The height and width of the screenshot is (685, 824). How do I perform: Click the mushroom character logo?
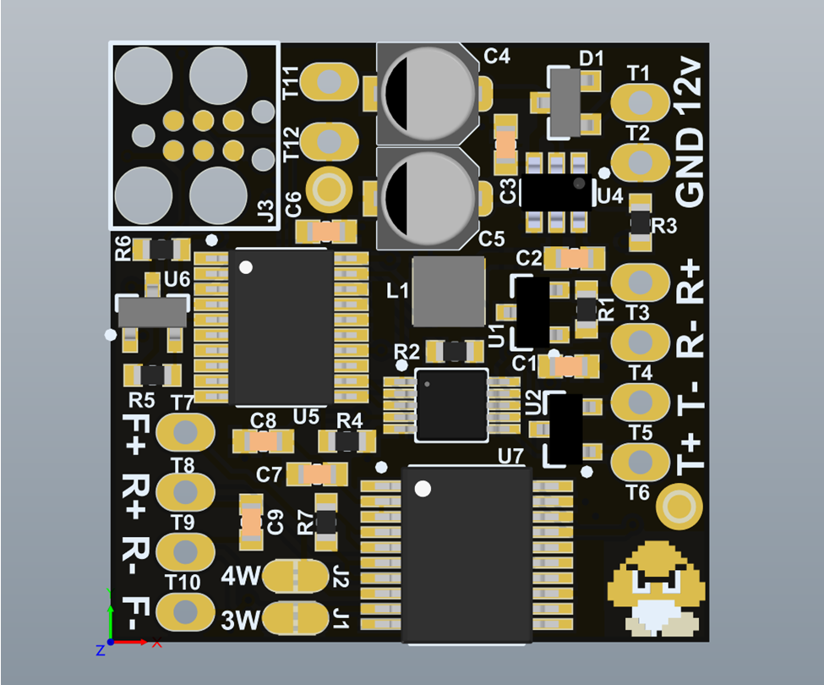coord(657,589)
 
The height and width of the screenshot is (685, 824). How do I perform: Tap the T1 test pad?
coord(640,101)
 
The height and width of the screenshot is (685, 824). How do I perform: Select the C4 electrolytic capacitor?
coord(428,94)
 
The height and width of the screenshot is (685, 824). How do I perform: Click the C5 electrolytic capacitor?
coord(428,198)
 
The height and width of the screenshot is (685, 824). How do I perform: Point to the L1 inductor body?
coord(448,291)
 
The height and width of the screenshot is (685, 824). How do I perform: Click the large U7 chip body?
coord(467,555)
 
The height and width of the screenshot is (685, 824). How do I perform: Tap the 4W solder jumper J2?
coord(295,576)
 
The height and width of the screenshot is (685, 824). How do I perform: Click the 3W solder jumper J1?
coord(295,618)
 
